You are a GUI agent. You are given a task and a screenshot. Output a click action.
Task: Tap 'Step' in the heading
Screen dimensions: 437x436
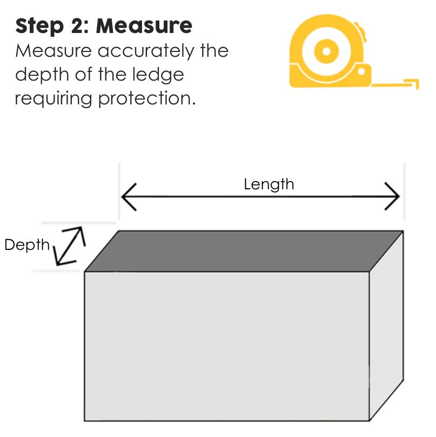(37, 26)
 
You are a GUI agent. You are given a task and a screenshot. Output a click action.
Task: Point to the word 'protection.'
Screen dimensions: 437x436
(146, 99)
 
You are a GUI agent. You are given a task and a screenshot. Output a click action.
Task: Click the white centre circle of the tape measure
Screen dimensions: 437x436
(326, 52)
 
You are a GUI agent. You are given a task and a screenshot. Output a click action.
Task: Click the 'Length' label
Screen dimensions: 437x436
(269, 184)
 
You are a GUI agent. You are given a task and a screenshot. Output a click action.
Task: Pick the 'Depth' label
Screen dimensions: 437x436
(26, 245)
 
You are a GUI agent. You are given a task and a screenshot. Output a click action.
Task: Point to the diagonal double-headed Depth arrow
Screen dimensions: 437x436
(71, 246)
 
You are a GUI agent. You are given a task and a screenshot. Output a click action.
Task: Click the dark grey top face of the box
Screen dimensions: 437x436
(243, 250)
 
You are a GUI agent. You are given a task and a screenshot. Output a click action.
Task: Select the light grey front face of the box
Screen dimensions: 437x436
(227, 346)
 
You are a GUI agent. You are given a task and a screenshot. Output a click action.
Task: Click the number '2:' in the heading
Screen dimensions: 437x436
(81, 26)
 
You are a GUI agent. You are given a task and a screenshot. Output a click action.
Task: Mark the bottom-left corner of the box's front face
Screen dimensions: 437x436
(85, 420)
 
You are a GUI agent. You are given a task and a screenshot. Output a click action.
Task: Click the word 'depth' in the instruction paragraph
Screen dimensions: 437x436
(36, 75)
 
